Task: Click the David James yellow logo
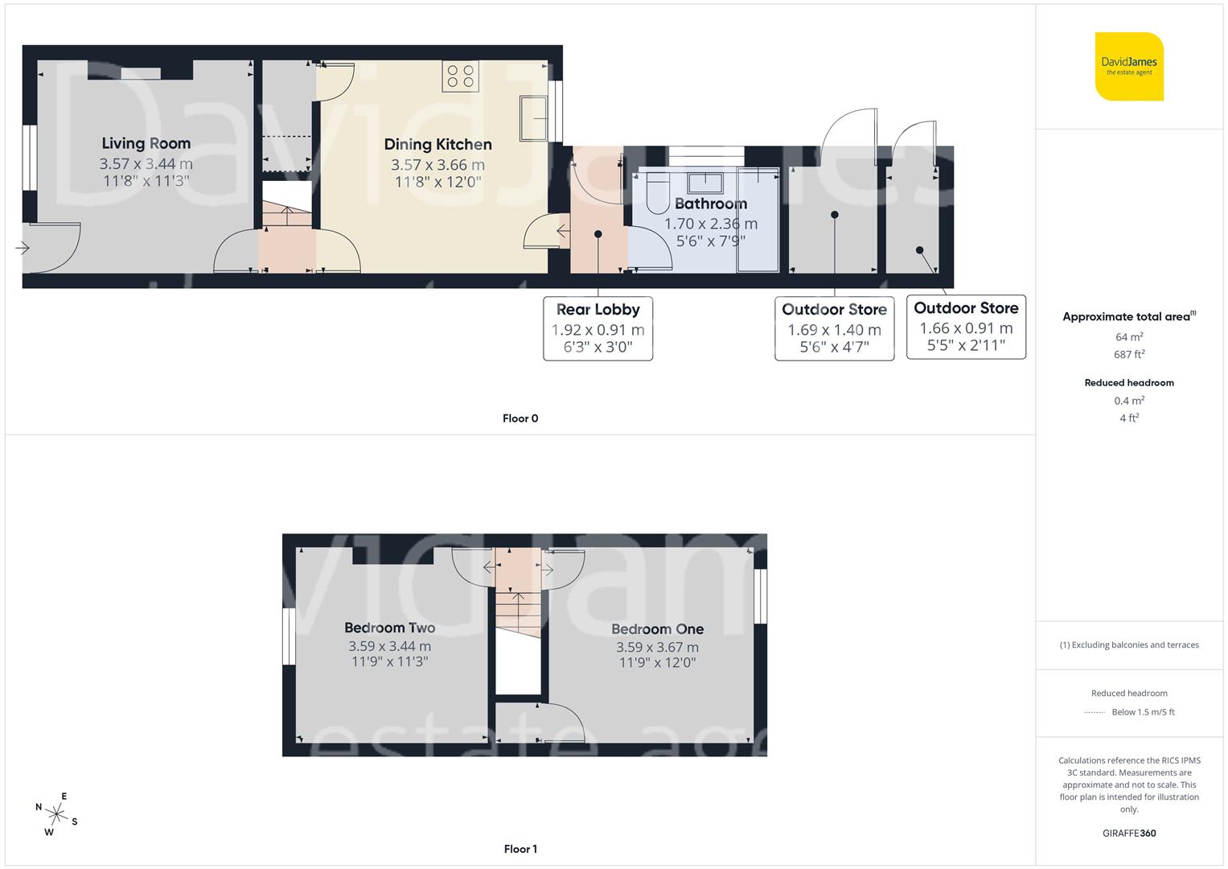[x=1129, y=66]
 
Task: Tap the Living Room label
[x=146, y=143]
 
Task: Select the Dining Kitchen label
[x=437, y=144]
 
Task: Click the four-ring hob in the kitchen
[x=460, y=76]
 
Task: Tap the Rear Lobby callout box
[x=598, y=328]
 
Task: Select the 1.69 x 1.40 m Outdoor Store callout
[x=834, y=329]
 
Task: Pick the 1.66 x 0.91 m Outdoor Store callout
[x=966, y=327]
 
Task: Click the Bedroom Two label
[x=389, y=628]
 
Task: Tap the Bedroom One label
[x=657, y=629]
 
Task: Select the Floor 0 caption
[x=520, y=418]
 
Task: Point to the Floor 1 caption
[x=520, y=849]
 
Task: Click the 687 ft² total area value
[x=1129, y=354]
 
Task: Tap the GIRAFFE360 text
[x=1129, y=834]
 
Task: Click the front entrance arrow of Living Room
[x=23, y=248]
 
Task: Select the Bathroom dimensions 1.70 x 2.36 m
[x=710, y=224]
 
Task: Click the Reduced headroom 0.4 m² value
[x=1129, y=401]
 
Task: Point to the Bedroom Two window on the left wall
[x=288, y=636]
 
